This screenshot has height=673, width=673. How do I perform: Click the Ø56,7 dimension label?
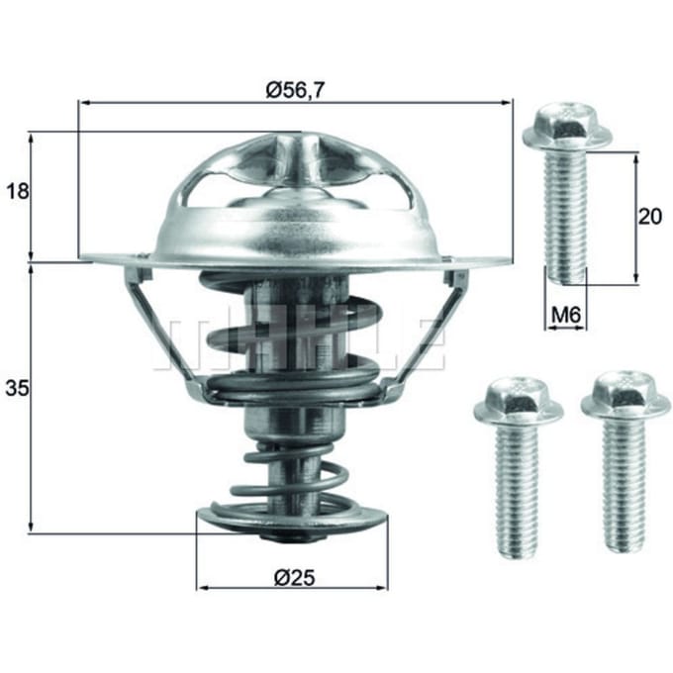(x=295, y=90)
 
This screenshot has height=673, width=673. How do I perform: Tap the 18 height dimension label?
(x=18, y=191)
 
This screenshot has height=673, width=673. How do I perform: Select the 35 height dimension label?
(x=17, y=388)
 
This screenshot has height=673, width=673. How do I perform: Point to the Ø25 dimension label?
(x=295, y=577)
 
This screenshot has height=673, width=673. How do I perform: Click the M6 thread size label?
(x=566, y=316)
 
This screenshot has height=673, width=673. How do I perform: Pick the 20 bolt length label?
(x=650, y=217)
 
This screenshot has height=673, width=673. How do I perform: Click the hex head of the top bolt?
(x=566, y=128)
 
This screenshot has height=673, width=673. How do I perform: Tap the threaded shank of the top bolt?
(x=565, y=218)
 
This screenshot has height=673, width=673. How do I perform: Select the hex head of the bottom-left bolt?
(x=519, y=403)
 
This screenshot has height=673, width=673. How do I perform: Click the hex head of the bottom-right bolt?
(x=625, y=397)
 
